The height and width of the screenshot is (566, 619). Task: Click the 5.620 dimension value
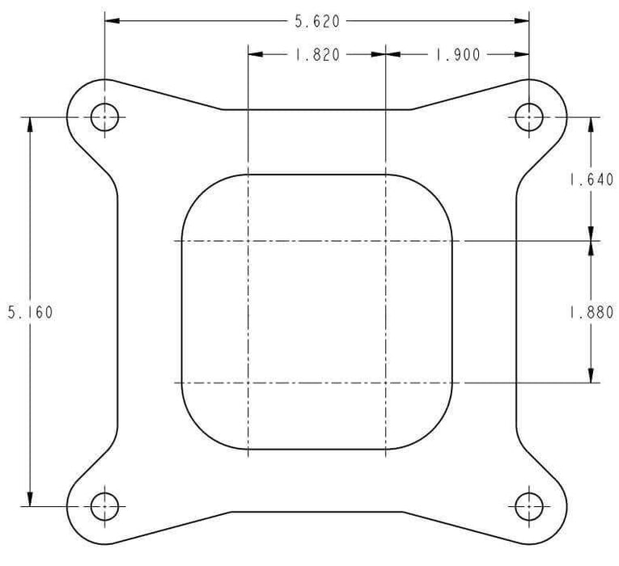click(317, 22)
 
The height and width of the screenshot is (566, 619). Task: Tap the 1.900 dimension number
click(457, 55)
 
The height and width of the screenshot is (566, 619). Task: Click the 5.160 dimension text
click(30, 312)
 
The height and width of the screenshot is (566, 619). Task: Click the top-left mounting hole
click(104, 118)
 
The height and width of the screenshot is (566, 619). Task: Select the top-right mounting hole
click(529, 118)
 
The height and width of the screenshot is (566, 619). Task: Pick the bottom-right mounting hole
click(529, 507)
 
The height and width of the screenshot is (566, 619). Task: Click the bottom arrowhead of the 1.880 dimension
click(591, 374)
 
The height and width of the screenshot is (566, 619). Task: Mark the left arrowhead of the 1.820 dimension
click(255, 55)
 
